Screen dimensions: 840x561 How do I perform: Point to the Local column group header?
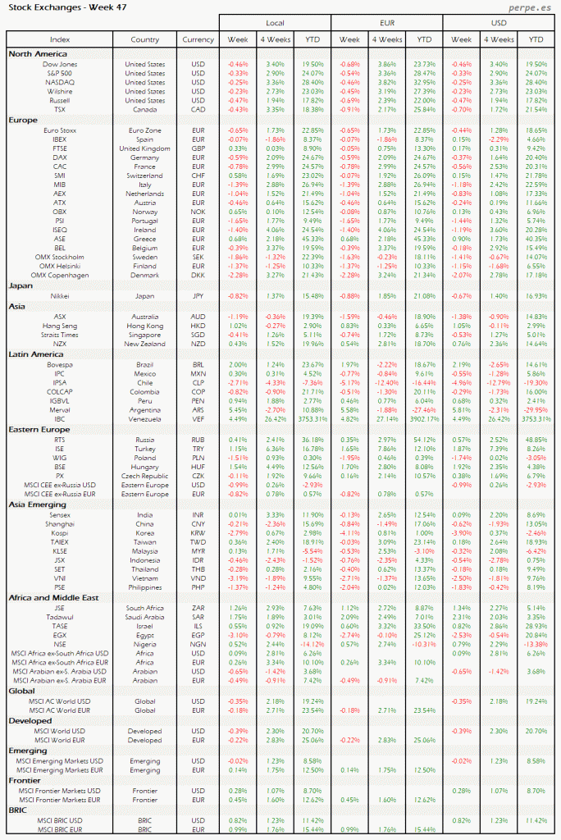[275, 22]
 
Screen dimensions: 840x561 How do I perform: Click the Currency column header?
[198, 39]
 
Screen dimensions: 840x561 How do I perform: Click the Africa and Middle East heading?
[54, 598]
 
